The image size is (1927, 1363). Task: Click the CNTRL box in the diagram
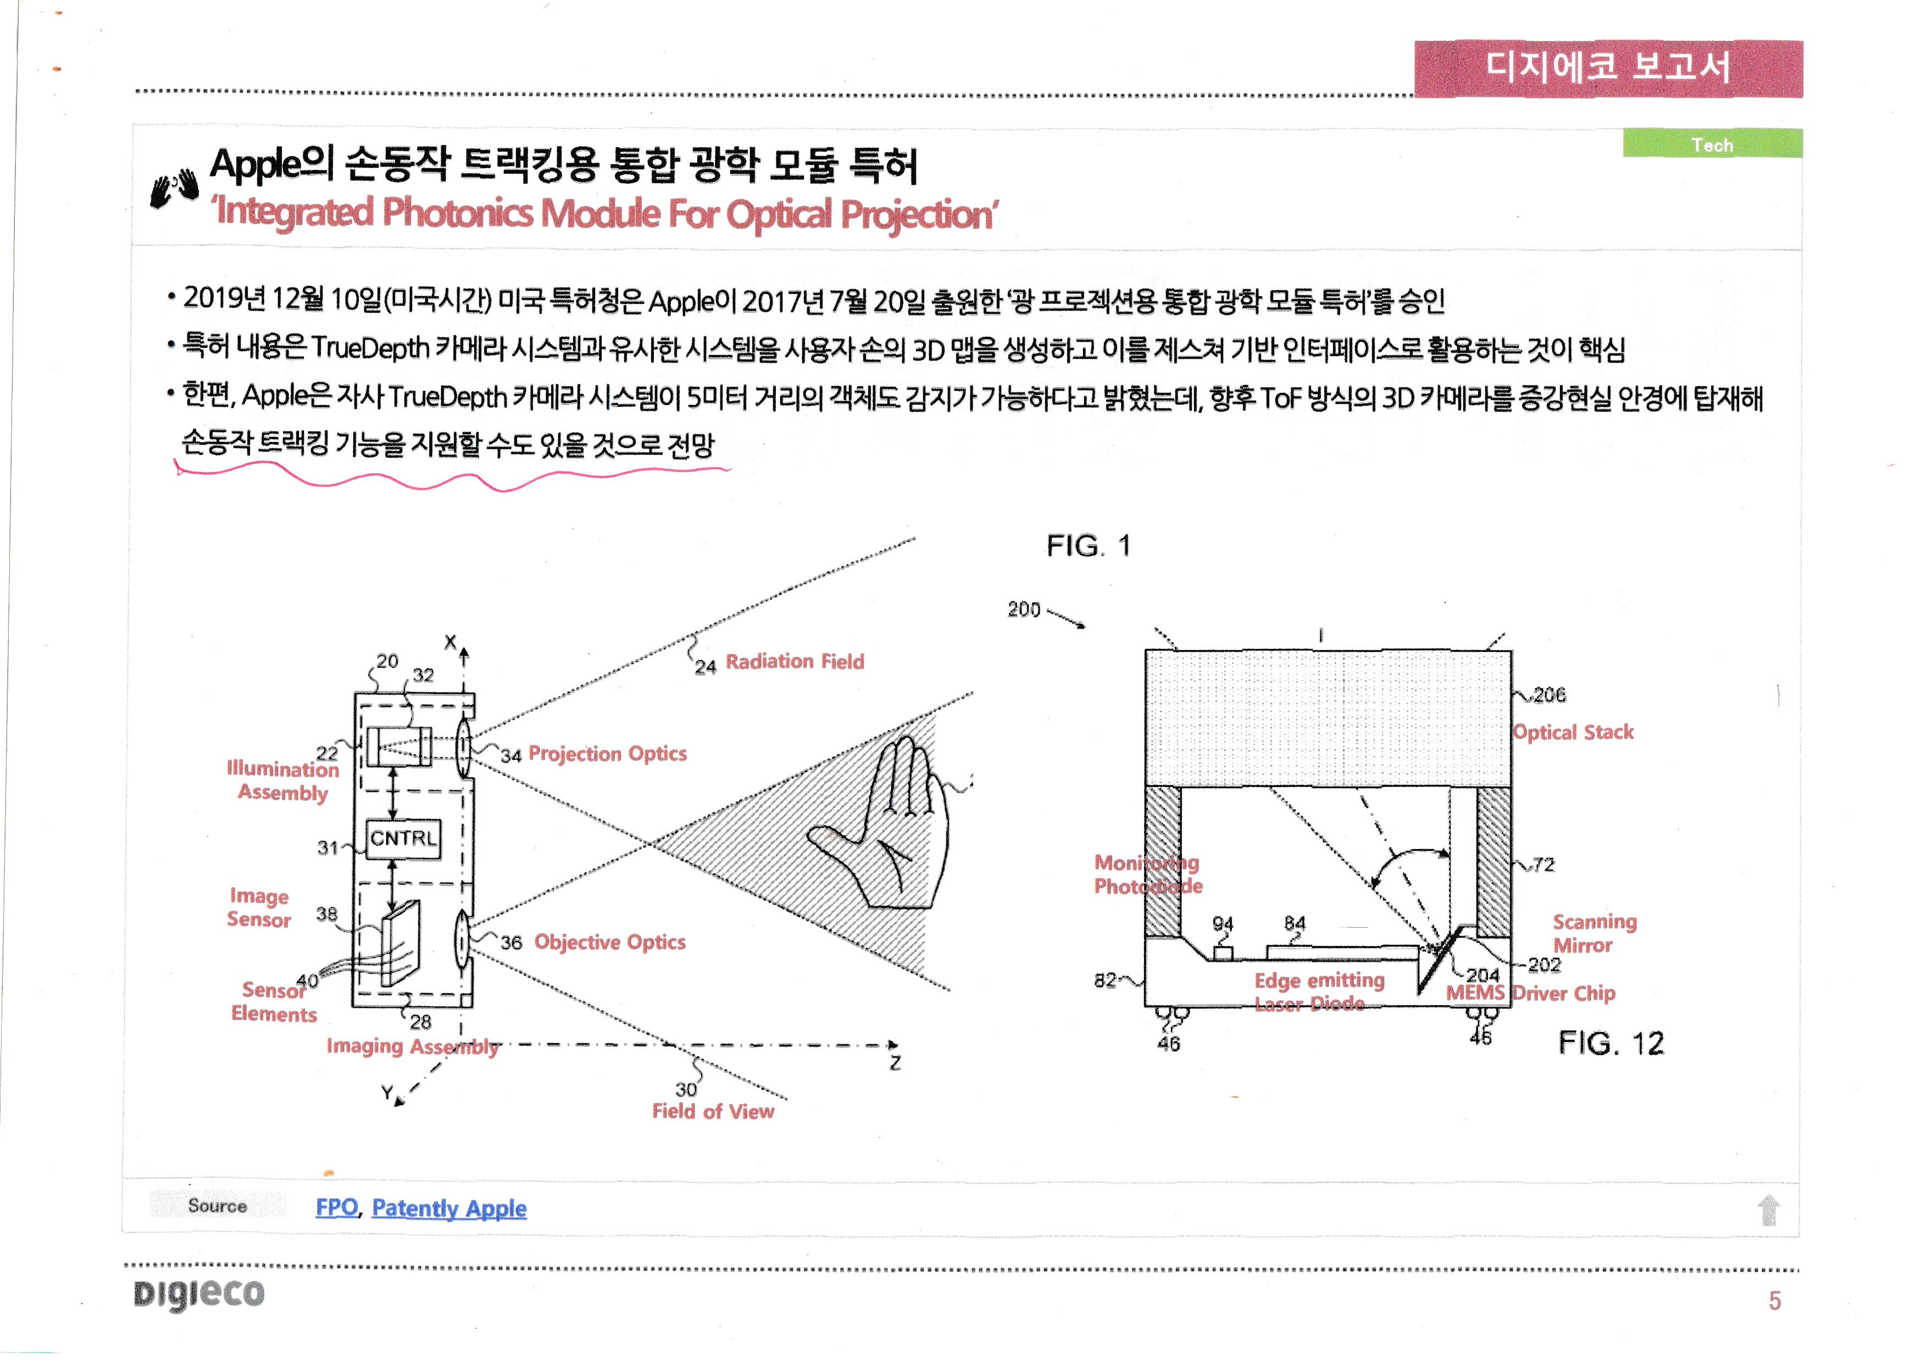(404, 839)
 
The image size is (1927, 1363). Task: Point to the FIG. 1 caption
(1089, 546)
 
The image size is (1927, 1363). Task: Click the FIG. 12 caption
(1611, 1043)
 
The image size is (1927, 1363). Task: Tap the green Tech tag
(1712, 145)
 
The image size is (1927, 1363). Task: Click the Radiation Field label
(794, 662)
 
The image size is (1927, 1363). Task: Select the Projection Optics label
(607, 753)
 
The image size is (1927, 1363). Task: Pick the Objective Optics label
(609, 943)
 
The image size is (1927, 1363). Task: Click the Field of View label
(713, 1112)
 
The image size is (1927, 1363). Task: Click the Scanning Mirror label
(1594, 933)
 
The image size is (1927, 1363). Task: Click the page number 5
(1774, 1301)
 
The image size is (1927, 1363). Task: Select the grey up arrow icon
(1768, 1210)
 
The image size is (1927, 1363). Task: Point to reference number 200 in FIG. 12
(1024, 610)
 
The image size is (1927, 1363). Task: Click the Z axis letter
(896, 1063)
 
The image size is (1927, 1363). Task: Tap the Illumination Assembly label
(283, 780)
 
